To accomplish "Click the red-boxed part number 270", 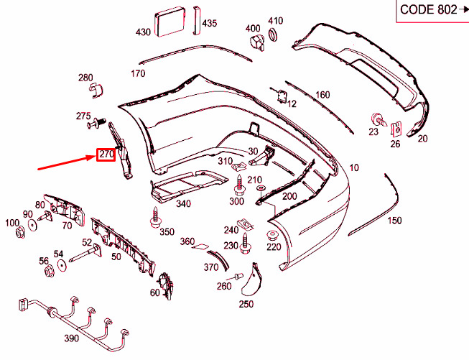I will tap(106, 154).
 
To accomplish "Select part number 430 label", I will tap(144, 32).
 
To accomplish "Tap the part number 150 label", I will tap(394, 221).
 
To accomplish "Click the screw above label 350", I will tap(155, 215).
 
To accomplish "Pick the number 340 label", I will tap(183, 204).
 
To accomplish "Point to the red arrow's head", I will tap(94, 157).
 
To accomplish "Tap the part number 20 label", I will tap(422, 138).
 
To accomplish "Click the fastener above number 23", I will tap(375, 119).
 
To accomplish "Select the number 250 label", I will tap(246, 304).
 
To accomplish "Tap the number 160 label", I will tap(322, 95).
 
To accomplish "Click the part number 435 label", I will tap(209, 24).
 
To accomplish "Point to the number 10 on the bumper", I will tap(354, 168).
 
